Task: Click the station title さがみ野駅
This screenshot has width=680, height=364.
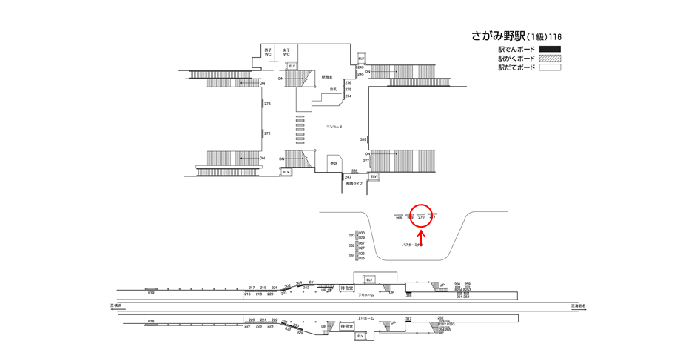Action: [x=498, y=36]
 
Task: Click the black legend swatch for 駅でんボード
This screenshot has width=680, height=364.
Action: [x=549, y=50]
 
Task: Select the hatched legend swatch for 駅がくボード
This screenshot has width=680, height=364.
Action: [x=549, y=59]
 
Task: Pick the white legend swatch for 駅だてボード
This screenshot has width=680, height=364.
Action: [x=549, y=67]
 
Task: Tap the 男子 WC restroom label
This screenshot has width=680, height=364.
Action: [x=268, y=53]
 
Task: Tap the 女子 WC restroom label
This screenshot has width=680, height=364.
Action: [x=286, y=53]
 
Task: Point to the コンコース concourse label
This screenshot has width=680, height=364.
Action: [x=334, y=128]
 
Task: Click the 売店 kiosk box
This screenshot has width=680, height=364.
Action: [x=334, y=163]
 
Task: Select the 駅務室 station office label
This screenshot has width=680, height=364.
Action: [x=327, y=76]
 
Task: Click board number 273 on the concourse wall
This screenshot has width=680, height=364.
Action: [x=267, y=104]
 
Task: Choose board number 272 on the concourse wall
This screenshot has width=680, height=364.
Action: [x=267, y=133]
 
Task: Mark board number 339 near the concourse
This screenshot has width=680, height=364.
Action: [x=363, y=139]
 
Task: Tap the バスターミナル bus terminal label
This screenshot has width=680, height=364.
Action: [x=412, y=245]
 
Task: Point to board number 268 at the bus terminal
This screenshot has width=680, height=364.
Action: [x=398, y=218]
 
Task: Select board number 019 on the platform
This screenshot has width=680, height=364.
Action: [x=150, y=294]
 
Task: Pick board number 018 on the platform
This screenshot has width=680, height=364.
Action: [x=150, y=320]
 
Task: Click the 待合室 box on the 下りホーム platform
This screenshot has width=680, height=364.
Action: [x=347, y=288]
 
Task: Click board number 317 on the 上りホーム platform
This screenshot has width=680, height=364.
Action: [x=408, y=319]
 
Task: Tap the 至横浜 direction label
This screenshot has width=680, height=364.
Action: [x=116, y=305]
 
